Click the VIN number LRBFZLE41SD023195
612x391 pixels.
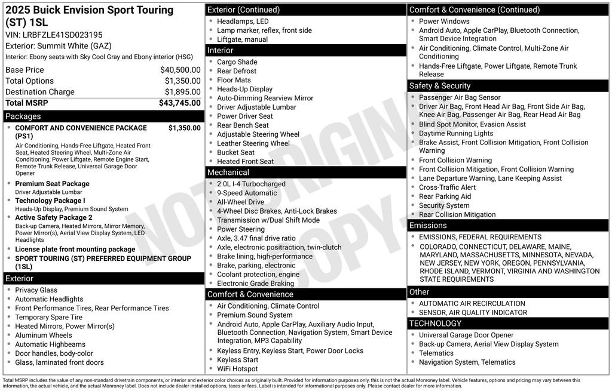[x=63, y=35]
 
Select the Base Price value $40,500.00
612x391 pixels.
[x=180, y=70]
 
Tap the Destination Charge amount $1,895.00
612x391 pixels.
[x=182, y=92]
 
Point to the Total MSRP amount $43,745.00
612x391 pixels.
[x=179, y=103]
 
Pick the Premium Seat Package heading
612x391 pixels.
[x=52, y=184]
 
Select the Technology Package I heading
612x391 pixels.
[x=50, y=201]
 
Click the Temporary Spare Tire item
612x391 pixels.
[x=48, y=318]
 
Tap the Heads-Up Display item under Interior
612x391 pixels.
[x=244, y=89]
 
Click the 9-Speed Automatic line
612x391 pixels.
[x=247, y=193]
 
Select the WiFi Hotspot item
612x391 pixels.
[x=237, y=369]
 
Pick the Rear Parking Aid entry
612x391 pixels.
[x=445, y=196]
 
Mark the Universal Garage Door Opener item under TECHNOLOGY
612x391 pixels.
[x=466, y=335]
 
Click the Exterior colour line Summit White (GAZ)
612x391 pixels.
[x=59, y=46]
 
